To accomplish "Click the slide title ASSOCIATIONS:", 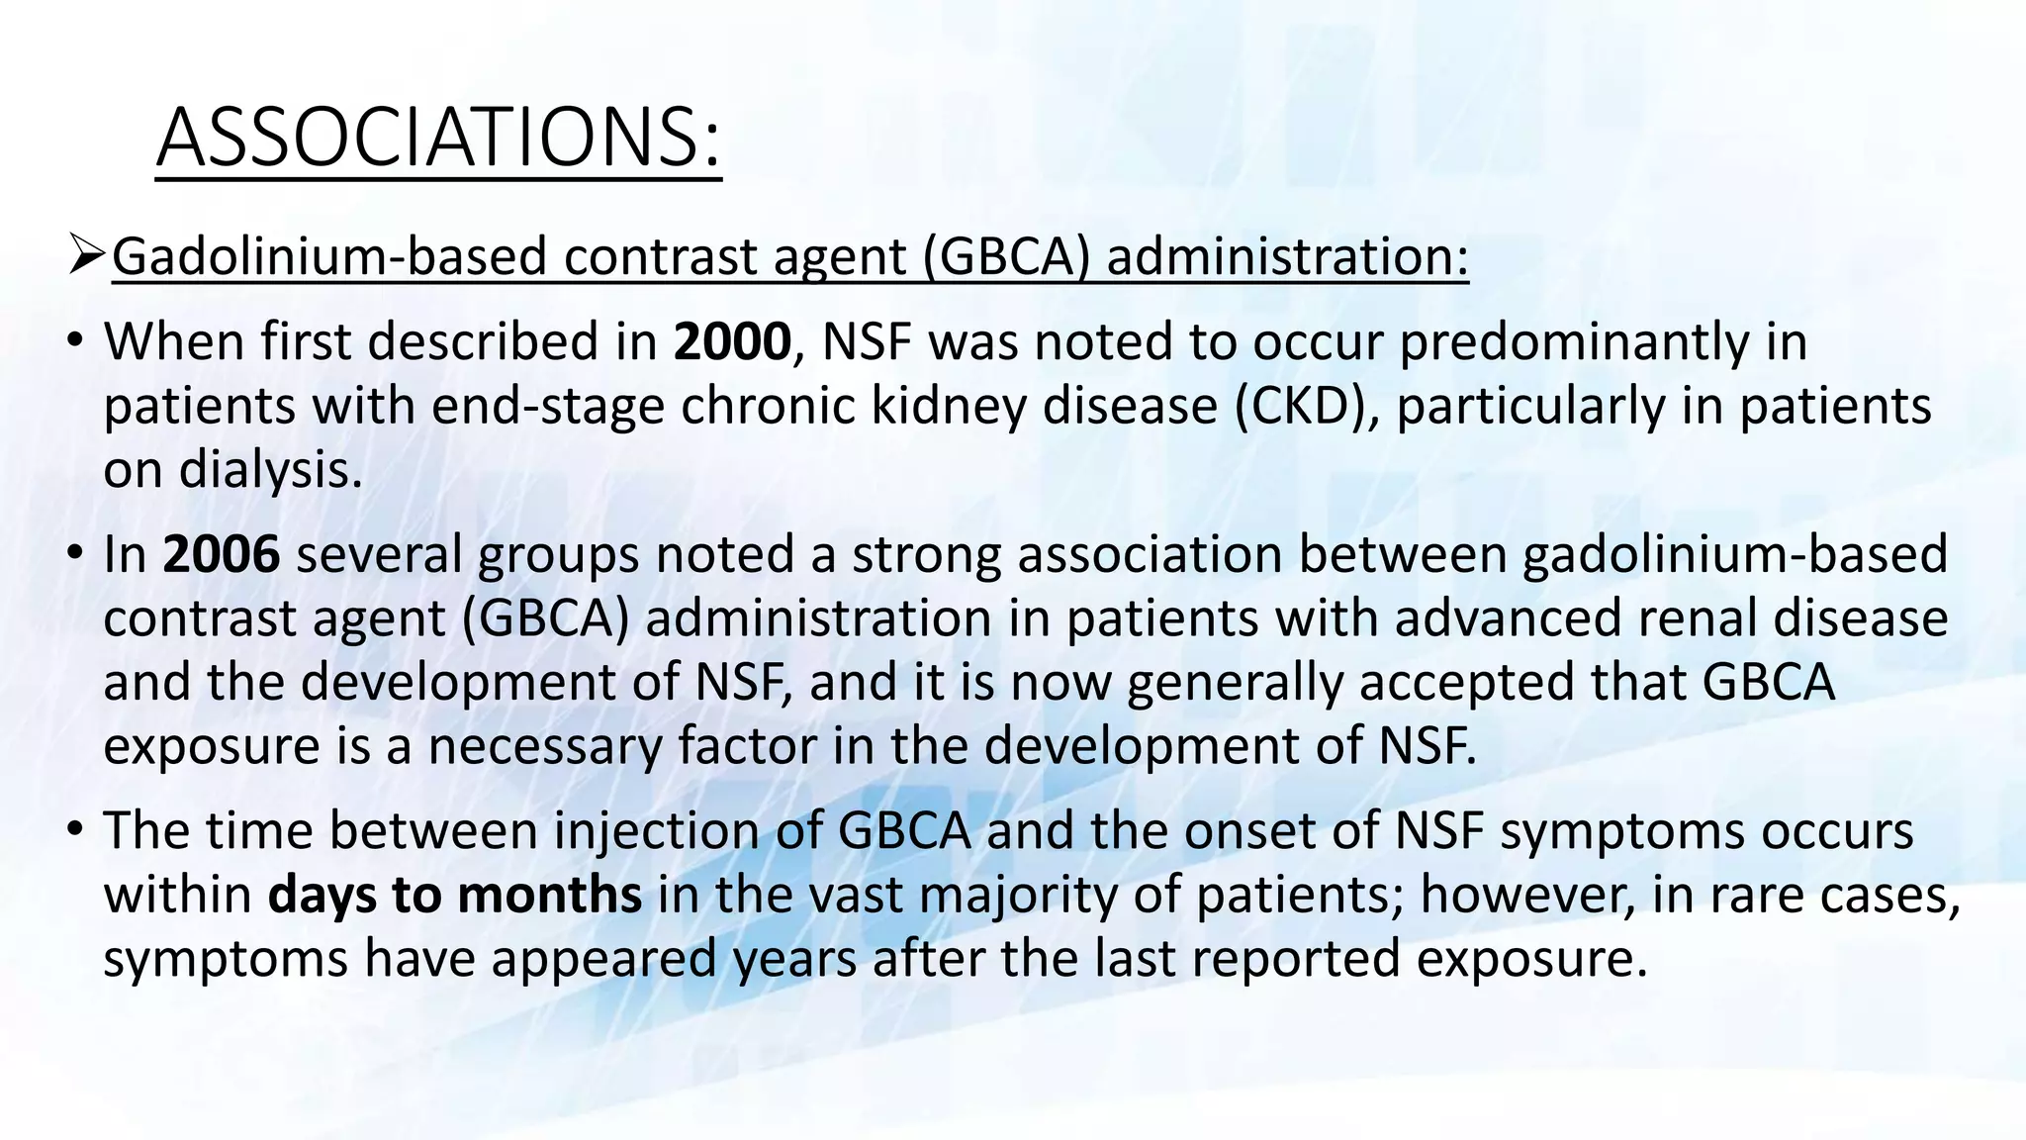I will click(438, 138).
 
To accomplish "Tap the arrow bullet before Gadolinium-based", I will click(88, 257).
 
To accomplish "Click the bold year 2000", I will click(732, 342).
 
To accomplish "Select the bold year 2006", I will click(222, 554).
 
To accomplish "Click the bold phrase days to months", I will click(455, 895).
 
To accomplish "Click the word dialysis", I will click(270, 470).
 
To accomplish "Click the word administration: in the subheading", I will click(1287, 257).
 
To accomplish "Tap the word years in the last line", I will click(794, 959).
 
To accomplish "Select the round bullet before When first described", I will click(75, 342).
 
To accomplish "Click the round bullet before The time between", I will click(75, 830).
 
